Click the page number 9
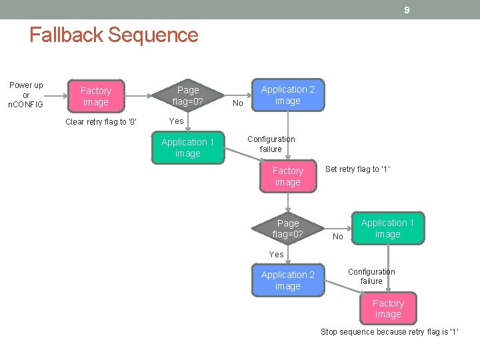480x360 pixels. click(x=406, y=10)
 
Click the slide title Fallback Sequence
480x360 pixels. click(x=114, y=35)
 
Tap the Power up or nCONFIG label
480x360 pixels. click(x=26, y=95)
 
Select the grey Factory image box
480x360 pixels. click(x=95, y=96)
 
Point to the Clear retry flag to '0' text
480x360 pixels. click(x=101, y=122)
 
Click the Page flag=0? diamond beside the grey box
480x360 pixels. click(x=188, y=95)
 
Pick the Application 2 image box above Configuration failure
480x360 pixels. click(x=287, y=95)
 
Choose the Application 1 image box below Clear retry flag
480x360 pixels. click(x=187, y=148)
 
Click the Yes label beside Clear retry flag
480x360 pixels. click(x=177, y=121)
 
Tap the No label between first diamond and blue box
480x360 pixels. click(x=238, y=103)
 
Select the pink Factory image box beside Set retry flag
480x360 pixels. click(x=287, y=177)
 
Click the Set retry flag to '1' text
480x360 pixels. click(x=357, y=169)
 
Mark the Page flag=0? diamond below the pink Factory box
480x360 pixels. click(x=288, y=229)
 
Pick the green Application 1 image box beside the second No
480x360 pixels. click(x=387, y=229)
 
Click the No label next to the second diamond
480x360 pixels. click(x=338, y=237)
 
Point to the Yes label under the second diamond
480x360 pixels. click(x=277, y=255)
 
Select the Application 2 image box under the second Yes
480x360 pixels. click(x=287, y=281)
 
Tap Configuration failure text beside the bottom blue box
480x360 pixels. click(x=371, y=277)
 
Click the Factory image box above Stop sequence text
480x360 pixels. click(x=388, y=309)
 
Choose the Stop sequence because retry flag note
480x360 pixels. click(x=389, y=332)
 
